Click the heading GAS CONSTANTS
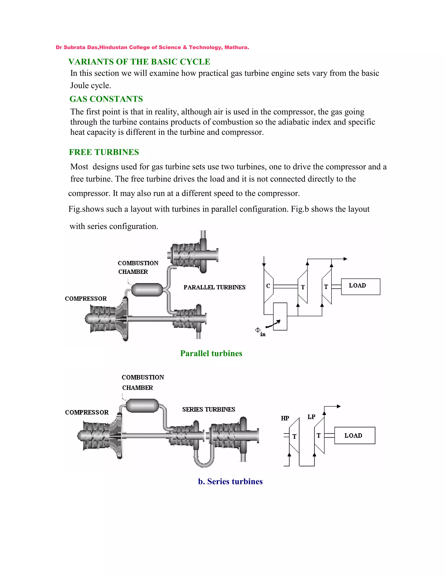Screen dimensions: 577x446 106,99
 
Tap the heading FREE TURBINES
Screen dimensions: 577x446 104,152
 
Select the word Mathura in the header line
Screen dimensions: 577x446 236,47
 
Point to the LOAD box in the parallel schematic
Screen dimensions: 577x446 360,287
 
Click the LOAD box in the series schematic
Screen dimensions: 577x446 355,435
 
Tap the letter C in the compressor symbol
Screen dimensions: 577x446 268,286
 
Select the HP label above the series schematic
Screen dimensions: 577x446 285,418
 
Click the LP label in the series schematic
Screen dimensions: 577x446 311,417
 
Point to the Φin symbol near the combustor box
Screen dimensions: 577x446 260,331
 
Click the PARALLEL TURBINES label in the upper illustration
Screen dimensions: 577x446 214,287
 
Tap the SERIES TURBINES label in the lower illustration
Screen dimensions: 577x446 208,410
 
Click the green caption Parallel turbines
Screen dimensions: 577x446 211,353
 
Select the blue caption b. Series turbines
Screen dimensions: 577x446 230,481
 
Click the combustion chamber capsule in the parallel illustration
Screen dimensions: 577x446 147,290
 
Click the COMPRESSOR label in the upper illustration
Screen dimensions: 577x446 86,299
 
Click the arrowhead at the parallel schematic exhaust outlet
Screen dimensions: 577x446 345,259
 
